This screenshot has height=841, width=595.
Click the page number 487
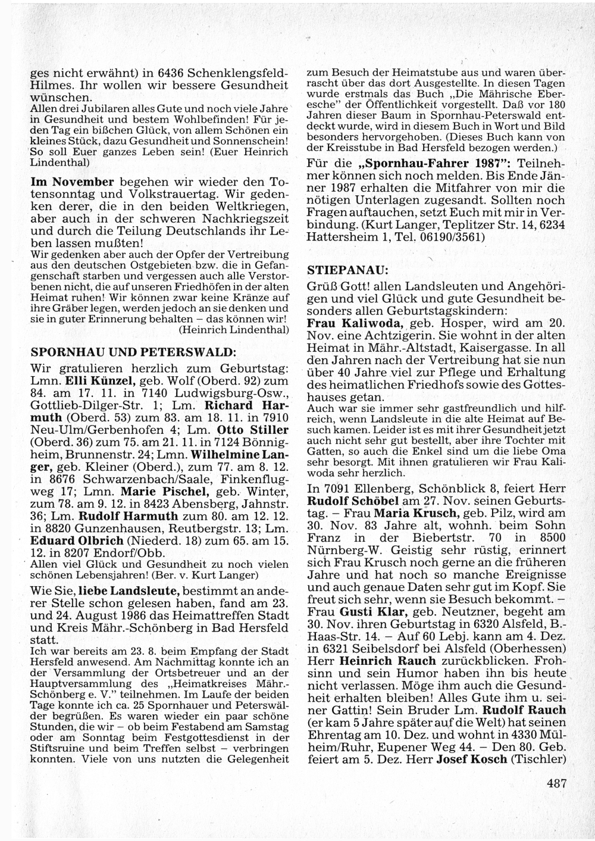(556, 784)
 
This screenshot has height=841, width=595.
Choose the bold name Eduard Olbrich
(77, 541)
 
